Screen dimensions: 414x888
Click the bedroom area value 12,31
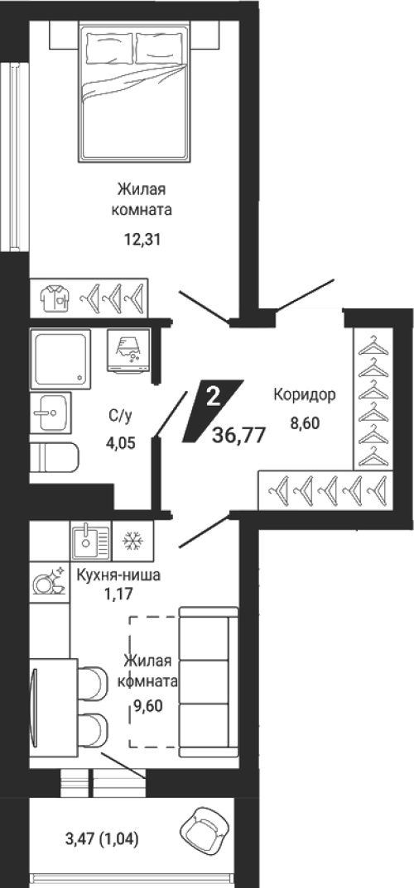click(x=143, y=240)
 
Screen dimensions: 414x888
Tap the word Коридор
click(x=305, y=394)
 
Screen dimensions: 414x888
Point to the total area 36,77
click(x=238, y=436)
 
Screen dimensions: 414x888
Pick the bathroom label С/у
click(x=121, y=417)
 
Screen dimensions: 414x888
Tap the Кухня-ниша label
click(x=118, y=576)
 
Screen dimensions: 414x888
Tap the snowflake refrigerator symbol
click(x=132, y=542)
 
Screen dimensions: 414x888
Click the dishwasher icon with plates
click(x=49, y=581)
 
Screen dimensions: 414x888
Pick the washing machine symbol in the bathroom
click(x=129, y=351)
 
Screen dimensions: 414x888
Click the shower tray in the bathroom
click(x=61, y=358)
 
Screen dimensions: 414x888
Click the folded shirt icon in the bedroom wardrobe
click(x=55, y=298)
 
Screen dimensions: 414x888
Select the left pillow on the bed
click(x=110, y=50)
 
